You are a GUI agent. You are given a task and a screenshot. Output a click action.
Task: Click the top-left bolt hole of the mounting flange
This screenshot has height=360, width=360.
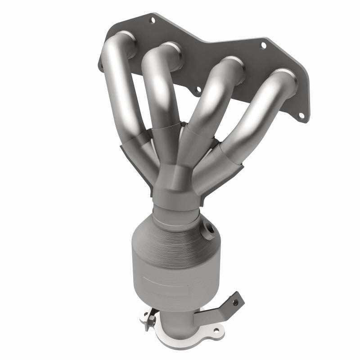tap(152, 19)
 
